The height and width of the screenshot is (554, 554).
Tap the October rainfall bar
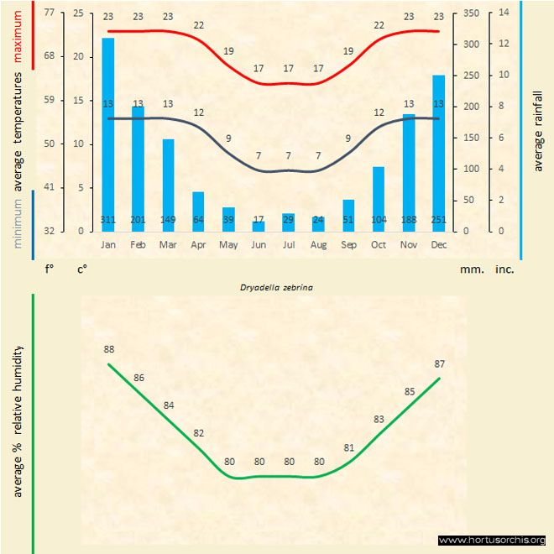(379, 198)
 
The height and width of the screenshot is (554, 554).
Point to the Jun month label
(259, 244)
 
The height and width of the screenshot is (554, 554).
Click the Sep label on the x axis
(348, 244)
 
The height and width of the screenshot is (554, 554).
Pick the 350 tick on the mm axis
(470, 13)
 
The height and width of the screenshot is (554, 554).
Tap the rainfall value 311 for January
(108, 220)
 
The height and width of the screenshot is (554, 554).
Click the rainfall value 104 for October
(379, 220)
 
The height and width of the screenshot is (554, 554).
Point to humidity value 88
(109, 348)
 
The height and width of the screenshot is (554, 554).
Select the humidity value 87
(439, 363)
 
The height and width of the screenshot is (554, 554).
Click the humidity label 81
(349, 447)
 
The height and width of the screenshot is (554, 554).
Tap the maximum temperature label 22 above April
(199, 25)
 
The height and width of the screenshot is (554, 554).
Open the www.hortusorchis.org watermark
(492, 540)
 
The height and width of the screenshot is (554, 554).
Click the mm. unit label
(471, 269)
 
